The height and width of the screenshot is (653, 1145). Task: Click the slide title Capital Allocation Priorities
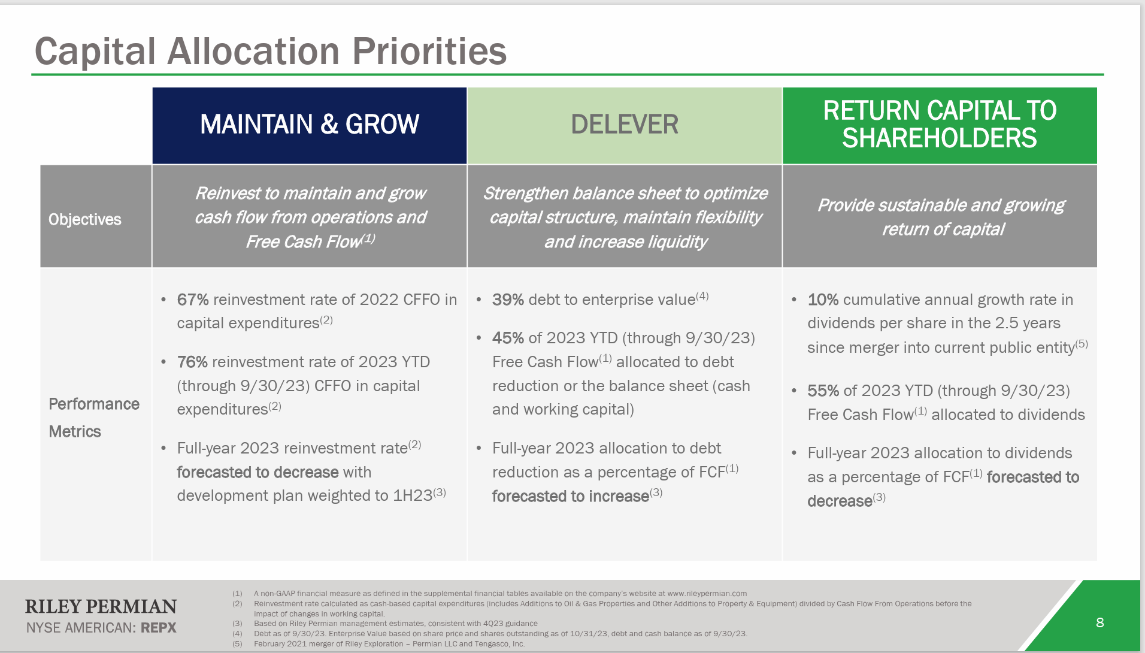tap(271, 52)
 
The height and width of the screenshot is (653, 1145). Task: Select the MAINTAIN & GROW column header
tap(309, 125)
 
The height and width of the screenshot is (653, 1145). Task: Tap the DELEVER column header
tap(624, 125)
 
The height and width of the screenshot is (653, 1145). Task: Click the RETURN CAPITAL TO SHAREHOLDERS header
tap(939, 125)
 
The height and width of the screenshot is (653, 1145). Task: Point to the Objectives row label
tap(85, 220)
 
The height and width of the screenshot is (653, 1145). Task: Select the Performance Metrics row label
tap(93, 418)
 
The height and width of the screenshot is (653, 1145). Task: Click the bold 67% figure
tap(192, 300)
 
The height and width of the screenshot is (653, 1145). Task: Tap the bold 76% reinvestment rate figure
tap(192, 362)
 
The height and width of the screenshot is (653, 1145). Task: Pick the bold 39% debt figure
tap(507, 300)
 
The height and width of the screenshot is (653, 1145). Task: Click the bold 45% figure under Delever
tap(507, 338)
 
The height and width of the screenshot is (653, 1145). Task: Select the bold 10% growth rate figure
tap(822, 300)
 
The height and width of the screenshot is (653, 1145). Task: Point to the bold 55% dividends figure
tap(822, 391)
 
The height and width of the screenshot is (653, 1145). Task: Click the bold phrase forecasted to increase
tap(570, 497)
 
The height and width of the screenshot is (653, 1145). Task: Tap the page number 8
tap(1099, 623)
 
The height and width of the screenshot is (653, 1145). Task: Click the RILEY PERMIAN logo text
tap(101, 607)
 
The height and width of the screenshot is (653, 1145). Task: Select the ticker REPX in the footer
tap(158, 628)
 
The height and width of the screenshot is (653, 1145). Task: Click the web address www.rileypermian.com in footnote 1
tap(707, 594)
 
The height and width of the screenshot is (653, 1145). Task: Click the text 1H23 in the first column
tap(412, 496)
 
